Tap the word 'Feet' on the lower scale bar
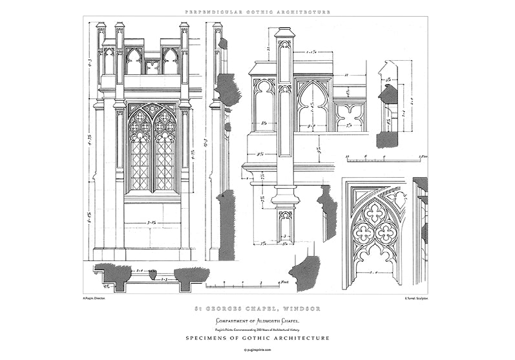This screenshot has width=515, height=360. (283, 282)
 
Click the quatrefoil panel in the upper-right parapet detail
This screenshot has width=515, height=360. (351, 116)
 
